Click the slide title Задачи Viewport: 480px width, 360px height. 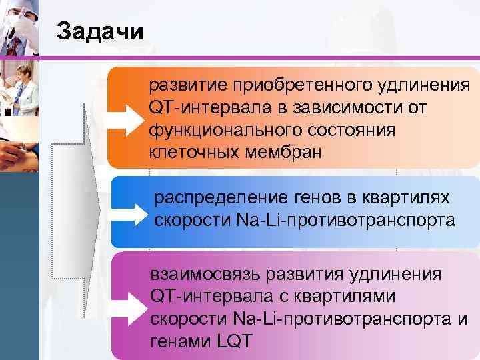(100, 32)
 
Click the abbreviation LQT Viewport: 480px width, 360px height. (235, 341)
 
